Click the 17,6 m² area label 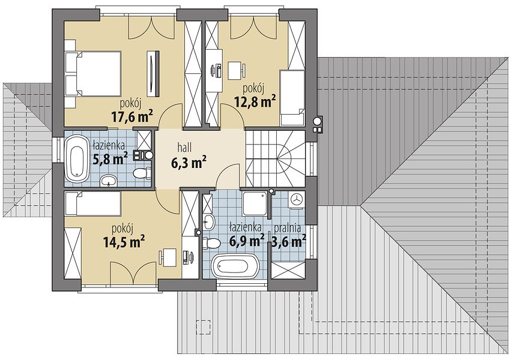coord(132,116)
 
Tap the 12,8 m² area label coord(255,101)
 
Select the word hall coord(184,148)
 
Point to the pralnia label coord(288,228)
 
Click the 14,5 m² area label coord(124,242)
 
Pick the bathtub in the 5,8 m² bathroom coord(77,158)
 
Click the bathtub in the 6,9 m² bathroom coord(235,266)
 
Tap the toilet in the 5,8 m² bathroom coord(142,173)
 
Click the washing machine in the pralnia coord(297,199)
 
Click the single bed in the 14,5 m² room coord(93,203)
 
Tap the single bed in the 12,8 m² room coord(292,98)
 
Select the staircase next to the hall coord(276,158)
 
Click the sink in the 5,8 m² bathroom coord(109,180)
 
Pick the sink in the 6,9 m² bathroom coord(208,222)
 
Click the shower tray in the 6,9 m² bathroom coord(255,203)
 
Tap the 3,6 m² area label coord(289,241)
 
